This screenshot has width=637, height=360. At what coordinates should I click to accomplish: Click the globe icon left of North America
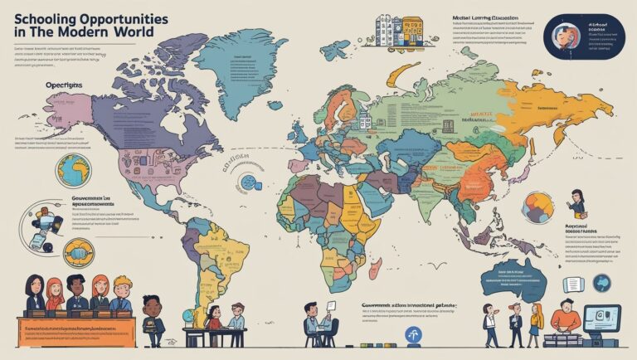[x=73, y=170]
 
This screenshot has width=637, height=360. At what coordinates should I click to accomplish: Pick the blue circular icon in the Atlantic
[x=247, y=181]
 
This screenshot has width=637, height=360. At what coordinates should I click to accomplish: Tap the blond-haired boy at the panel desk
[x=122, y=294]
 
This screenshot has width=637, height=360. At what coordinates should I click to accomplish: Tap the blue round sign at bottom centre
[x=412, y=335]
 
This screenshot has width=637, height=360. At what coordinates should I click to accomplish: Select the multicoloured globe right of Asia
[x=537, y=207]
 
